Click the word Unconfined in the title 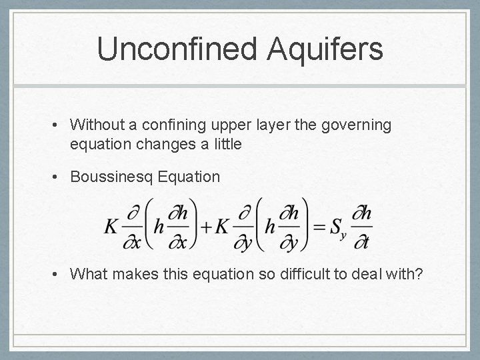pyautogui.click(x=173, y=50)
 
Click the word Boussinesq pyautogui.click(x=110, y=177)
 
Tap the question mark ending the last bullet pyautogui.click(x=419, y=273)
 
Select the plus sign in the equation pyautogui.click(x=206, y=227)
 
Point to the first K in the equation pyautogui.click(x=111, y=227)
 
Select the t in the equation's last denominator pyautogui.click(x=365, y=241)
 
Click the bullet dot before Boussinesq pyautogui.click(x=59, y=177)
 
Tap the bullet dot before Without pyautogui.click(x=59, y=125)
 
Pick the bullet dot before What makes pyautogui.click(x=59, y=274)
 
